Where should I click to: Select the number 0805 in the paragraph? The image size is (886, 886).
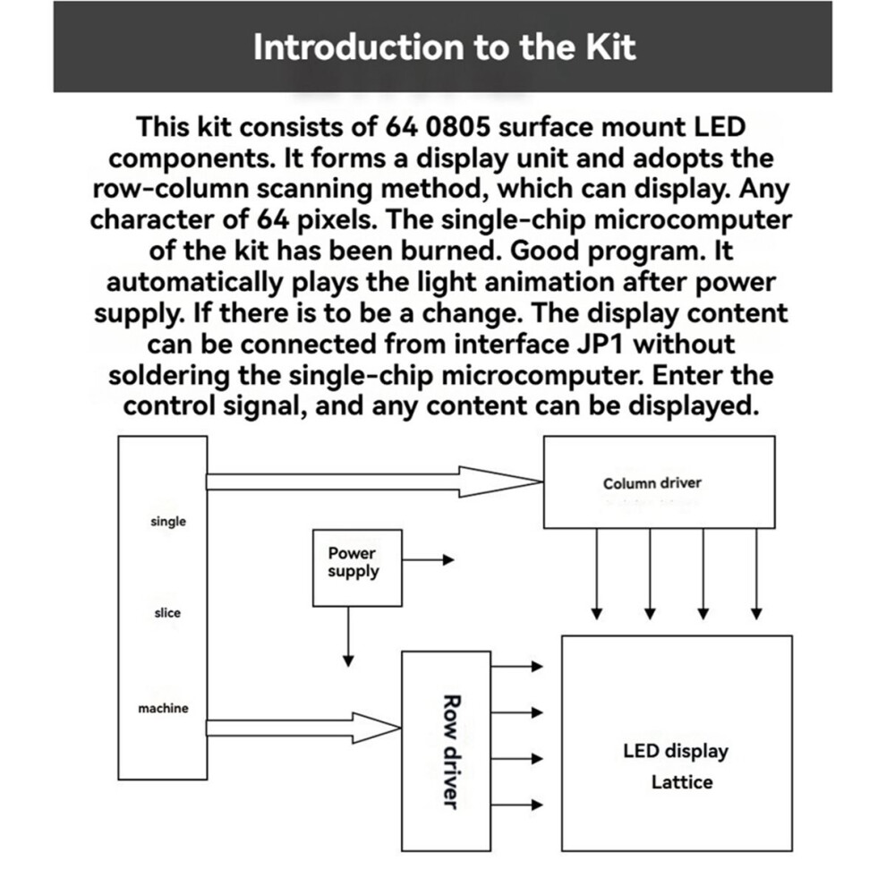click(457, 127)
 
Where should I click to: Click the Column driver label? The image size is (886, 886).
click(652, 483)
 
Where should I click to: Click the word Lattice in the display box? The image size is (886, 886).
click(682, 782)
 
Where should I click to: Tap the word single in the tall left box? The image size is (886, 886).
click(168, 522)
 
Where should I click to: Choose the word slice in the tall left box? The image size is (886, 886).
click(167, 613)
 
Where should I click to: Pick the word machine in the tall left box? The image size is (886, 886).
click(163, 708)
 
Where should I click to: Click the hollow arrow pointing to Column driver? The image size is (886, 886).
click(375, 482)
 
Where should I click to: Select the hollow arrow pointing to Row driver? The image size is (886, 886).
click(303, 728)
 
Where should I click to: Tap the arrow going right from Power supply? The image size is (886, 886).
click(429, 560)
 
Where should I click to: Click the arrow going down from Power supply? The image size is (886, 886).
click(349, 637)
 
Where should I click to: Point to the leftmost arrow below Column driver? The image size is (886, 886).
click(597, 574)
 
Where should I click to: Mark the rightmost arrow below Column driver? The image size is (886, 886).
click(756, 574)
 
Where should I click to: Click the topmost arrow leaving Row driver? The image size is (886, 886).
click(517, 666)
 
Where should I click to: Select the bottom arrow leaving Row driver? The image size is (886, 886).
click(517, 805)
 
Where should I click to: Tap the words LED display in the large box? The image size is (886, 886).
click(676, 751)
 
